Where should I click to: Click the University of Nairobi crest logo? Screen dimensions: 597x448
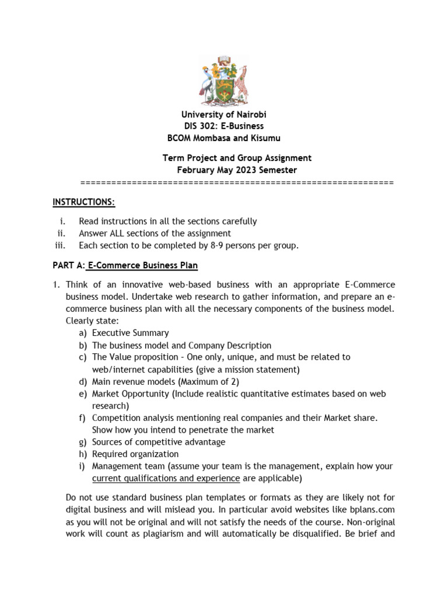224,79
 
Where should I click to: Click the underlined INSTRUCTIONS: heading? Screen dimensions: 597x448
84,202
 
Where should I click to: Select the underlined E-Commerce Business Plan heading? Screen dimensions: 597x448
143,265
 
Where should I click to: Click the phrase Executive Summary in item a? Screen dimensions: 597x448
131,333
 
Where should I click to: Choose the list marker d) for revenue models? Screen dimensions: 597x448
83,381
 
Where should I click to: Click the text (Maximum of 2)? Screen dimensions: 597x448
204,381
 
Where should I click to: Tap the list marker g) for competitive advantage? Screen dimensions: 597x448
83,442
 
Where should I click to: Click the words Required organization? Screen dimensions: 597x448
135,454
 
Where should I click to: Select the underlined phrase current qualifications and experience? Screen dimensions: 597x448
166,479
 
